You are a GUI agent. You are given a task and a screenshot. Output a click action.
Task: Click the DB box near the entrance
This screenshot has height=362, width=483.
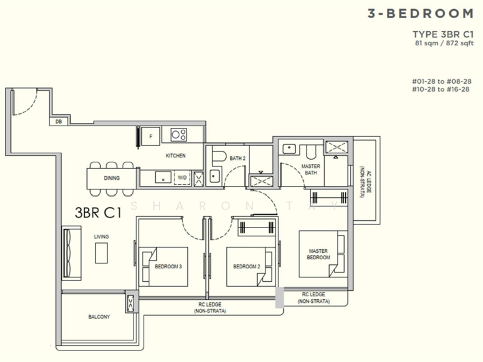pyautogui.click(x=59, y=122)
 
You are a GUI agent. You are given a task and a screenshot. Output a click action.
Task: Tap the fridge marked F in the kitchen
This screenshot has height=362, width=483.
pyautogui.click(x=150, y=136)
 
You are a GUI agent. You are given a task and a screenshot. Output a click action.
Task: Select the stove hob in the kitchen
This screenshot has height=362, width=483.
pyautogui.click(x=179, y=135)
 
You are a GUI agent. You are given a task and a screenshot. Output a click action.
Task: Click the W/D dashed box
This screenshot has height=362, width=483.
pyautogui.click(x=182, y=177)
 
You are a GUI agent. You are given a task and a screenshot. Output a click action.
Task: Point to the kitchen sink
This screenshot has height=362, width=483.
pyautogui.click(x=163, y=177)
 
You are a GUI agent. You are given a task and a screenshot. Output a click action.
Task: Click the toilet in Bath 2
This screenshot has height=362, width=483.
pyautogui.click(x=219, y=156)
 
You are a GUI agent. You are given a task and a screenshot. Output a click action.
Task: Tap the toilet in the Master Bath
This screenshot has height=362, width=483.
pyautogui.click(x=311, y=152)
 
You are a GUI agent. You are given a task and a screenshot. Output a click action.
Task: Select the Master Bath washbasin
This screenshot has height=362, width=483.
pyautogui.click(x=289, y=148)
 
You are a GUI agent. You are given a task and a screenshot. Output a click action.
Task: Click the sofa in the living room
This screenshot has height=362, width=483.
pyautogui.click(x=71, y=253)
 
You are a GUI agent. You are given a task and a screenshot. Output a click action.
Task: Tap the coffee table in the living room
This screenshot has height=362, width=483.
pyautogui.click(x=101, y=253)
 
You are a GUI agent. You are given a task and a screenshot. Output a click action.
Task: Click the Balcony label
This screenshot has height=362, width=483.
pyautogui.click(x=99, y=317)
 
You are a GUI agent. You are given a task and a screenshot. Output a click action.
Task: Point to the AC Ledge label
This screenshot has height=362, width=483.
pyautogui.click(x=366, y=182)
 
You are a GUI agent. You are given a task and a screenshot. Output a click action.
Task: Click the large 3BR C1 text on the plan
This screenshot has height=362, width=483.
pyautogui.click(x=98, y=213)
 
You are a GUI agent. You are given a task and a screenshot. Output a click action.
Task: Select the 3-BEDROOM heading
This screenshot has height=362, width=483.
pyautogui.click(x=420, y=13)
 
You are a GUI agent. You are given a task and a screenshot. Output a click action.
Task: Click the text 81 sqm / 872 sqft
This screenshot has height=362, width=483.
pyautogui.click(x=444, y=43)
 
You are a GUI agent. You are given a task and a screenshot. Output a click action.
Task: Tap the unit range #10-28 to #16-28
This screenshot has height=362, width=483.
pyautogui.click(x=441, y=89)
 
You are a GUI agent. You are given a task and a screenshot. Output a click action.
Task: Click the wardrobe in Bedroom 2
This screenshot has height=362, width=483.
pyautogui.click(x=257, y=228)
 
